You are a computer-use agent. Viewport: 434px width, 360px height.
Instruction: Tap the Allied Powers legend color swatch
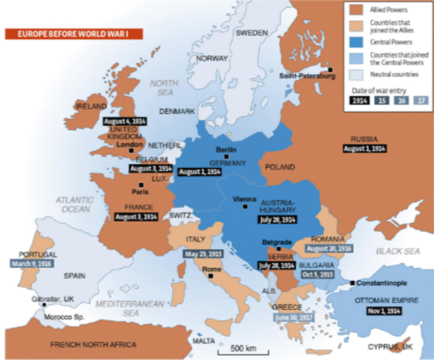tap(357, 10)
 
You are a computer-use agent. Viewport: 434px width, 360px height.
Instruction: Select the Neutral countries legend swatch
tap(357, 75)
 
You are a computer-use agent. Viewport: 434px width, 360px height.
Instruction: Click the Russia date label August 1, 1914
tap(364, 148)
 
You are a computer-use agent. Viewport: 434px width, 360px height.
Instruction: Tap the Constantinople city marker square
tap(352, 282)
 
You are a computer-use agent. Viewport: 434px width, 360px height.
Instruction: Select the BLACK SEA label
tap(397, 252)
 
